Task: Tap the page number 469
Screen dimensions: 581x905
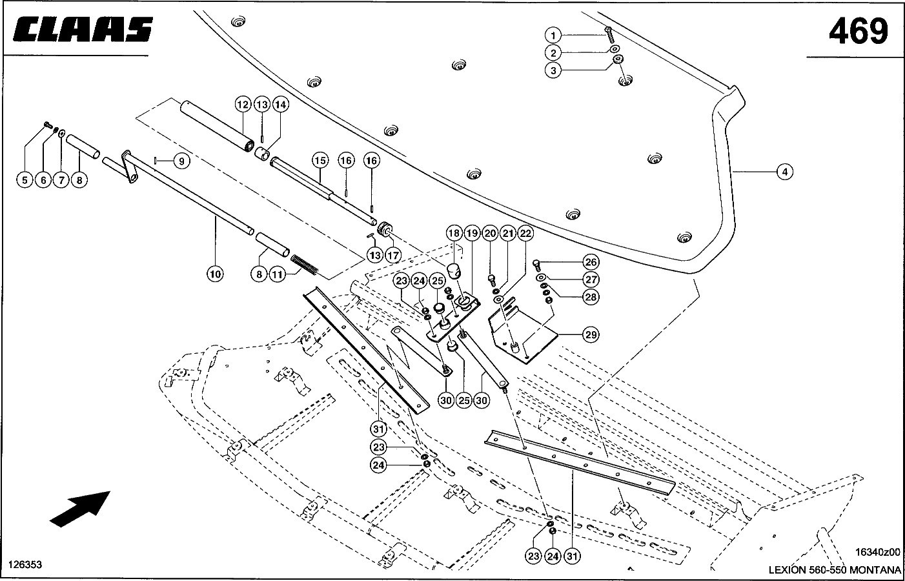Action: pos(858,30)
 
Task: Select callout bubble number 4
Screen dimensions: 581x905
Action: pos(785,172)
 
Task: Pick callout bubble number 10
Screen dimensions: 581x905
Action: pos(215,274)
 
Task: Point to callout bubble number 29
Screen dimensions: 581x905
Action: pos(591,334)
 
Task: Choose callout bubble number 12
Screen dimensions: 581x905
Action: pos(242,104)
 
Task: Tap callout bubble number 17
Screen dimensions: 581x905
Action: pos(393,255)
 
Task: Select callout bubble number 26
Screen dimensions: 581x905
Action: pos(591,262)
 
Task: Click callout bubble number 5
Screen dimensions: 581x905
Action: pos(25,180)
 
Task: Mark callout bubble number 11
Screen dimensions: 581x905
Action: pos(277,274)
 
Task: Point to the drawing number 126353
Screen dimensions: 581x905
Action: pos(25,564)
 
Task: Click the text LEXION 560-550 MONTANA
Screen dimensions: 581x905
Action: pos(834,570)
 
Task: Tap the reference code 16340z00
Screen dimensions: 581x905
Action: pos(877,553)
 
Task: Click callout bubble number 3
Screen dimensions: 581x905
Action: pos(553,70)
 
